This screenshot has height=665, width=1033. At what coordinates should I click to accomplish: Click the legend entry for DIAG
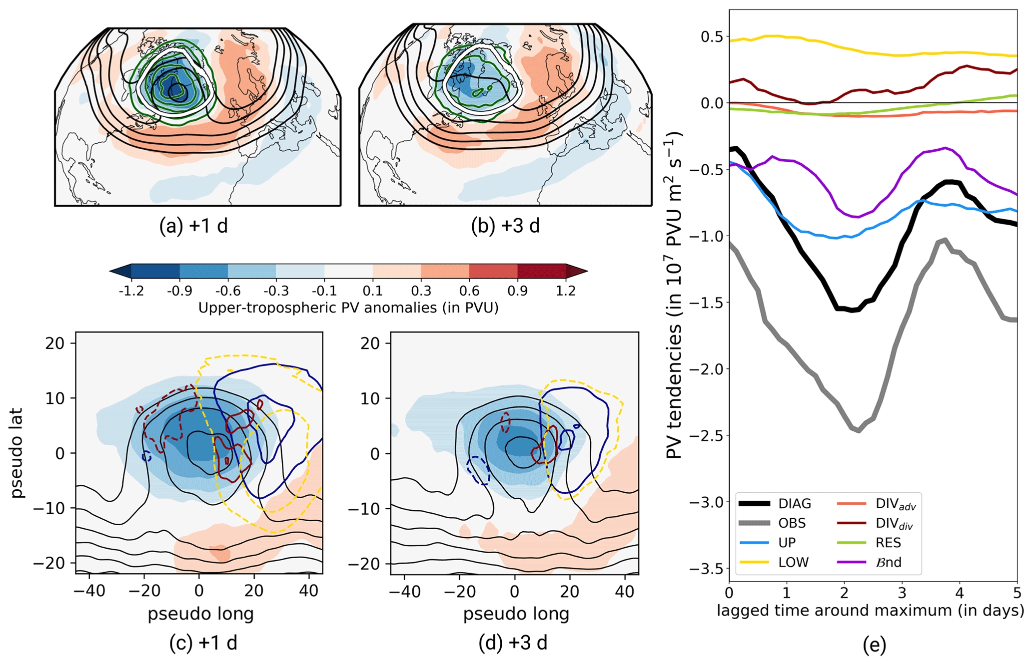pos(794,504)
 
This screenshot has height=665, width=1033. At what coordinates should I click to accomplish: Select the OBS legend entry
pos(792,523)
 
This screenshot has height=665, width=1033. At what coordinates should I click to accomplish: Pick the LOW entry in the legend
pos(793,562)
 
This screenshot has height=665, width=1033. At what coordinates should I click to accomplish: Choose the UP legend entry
pos(787,543)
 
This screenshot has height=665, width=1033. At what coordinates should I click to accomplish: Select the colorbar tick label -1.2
pos(131,291)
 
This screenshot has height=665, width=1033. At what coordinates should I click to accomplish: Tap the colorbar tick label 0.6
pos(469,291)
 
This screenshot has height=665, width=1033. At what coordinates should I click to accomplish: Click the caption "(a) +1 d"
pos(193,226)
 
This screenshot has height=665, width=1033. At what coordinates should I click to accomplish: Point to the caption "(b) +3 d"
pos(505,226)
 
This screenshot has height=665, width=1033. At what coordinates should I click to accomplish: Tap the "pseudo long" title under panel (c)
pos(200,614)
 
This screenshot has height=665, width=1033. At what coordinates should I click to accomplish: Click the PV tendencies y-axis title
pos(675,295)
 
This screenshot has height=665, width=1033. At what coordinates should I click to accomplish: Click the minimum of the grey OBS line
pos(859,431)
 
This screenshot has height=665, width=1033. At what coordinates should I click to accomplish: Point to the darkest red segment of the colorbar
pos(541,271)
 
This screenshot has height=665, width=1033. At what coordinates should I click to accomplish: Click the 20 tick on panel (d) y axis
pos(370,343)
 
